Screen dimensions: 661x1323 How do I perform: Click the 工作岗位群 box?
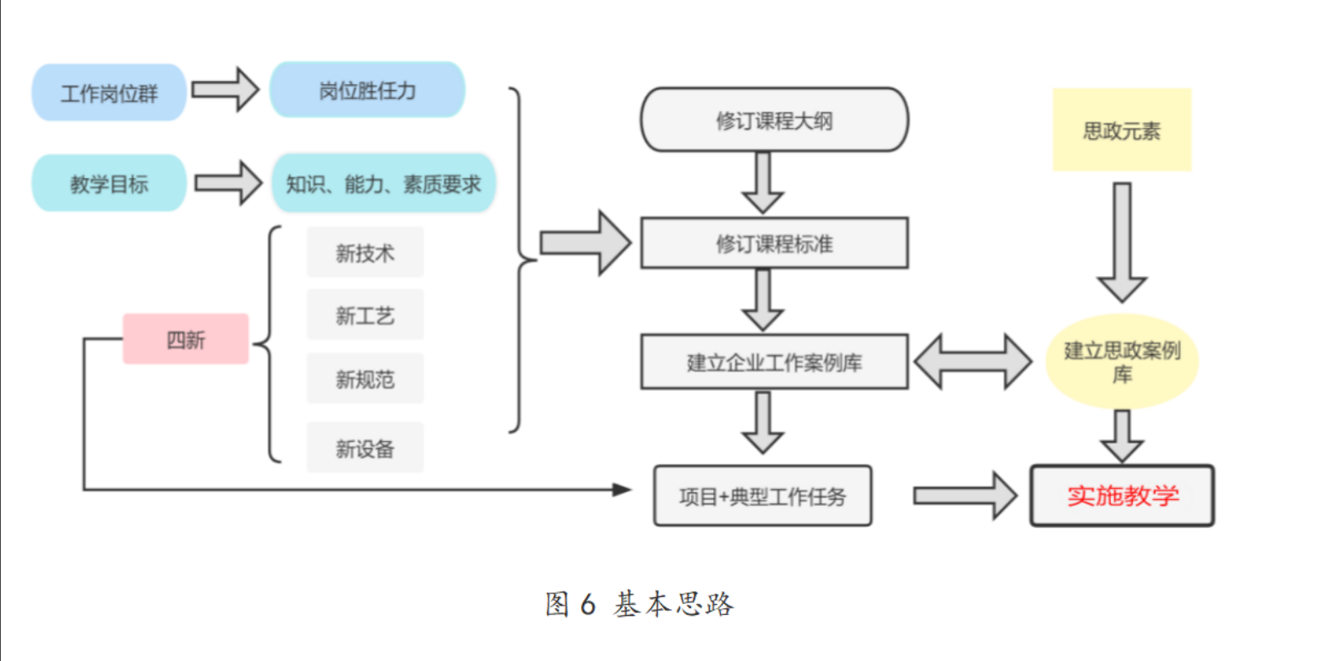(109, 92)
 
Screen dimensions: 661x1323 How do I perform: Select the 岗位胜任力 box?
(367, 89)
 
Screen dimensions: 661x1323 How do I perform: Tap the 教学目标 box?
(109, 183)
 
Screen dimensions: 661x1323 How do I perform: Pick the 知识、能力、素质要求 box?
(383, 183)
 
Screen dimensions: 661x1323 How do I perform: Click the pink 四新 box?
(186, 339)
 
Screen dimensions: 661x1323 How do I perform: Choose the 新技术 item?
(365, 252)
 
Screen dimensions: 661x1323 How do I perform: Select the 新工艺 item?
(365, 316)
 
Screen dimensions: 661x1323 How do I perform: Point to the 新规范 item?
(365, 379)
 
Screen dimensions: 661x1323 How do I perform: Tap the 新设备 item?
(365, 448)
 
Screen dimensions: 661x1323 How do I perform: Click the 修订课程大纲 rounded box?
(774, 120)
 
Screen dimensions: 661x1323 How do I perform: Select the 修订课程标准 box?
(774, 244)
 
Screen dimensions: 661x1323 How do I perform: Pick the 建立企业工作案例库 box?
(774, 362)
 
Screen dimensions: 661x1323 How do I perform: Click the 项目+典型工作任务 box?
(762, 496)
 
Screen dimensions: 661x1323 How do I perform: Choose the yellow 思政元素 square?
(1121, 130)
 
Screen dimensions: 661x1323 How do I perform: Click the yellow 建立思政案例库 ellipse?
(1121, 361)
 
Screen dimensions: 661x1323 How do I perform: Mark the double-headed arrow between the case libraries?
(972, 362)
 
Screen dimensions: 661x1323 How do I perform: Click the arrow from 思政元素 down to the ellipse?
(1122, 243)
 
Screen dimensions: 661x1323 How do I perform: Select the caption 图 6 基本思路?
(639, 604)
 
